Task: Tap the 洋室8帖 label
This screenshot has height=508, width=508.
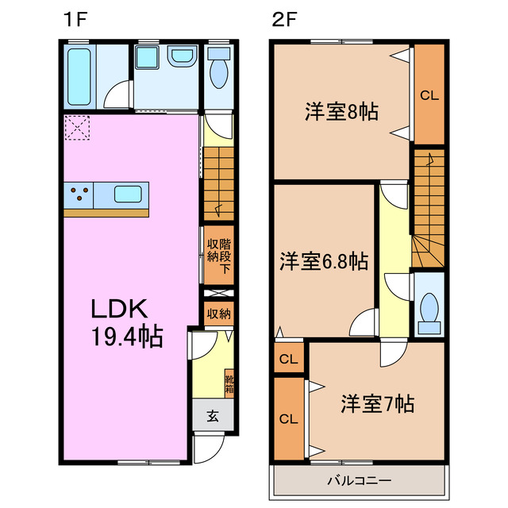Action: (x=341, y=112)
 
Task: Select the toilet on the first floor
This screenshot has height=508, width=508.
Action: (x=219, y=71)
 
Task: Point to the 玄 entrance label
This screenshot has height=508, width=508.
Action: (x=214, y=414)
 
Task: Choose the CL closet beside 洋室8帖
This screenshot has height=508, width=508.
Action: (x=429, y=95)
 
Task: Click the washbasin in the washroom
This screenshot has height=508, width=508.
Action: (x=183, y=58)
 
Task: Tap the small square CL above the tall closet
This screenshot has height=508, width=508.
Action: (x=289, y=359)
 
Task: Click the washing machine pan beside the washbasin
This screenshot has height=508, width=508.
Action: (x=146, y=58)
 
